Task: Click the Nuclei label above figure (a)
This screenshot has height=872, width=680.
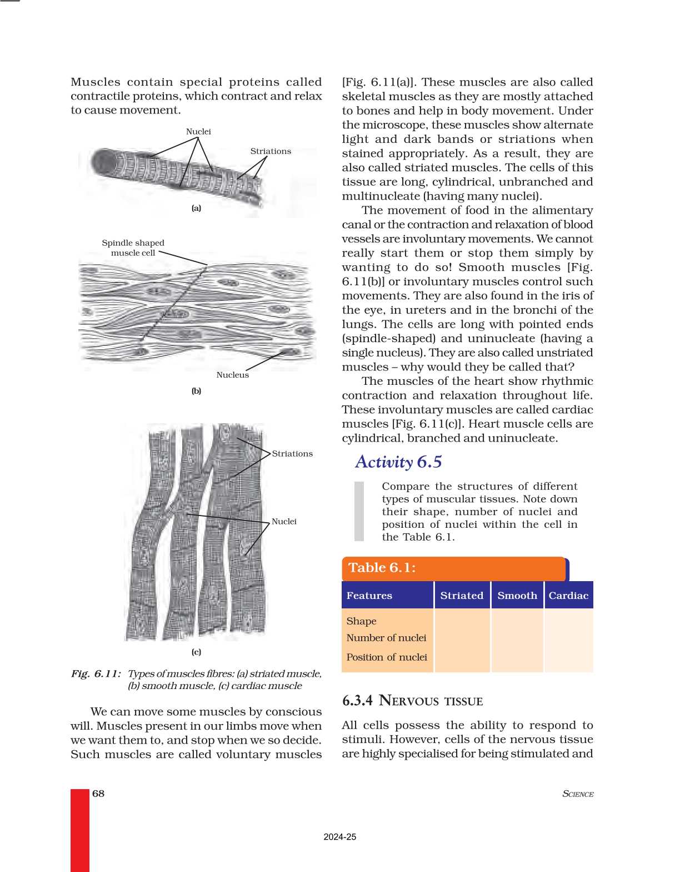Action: click(x=198, y=132)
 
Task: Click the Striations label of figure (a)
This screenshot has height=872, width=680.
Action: click(x=271, y=151)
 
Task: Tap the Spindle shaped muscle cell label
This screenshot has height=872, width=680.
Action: click(x=133, y=248)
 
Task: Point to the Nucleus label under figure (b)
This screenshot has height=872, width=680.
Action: click(x=233, y=375)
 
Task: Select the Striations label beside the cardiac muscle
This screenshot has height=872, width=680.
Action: click(x=292, y=454)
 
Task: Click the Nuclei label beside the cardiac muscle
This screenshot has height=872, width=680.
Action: click(x=284, y=522)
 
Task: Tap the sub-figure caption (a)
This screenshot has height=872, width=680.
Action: click(x=196, y=209)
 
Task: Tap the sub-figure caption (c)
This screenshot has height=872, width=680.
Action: click(x=196, y=652)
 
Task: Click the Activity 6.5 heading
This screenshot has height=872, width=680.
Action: click(x=398, y=462)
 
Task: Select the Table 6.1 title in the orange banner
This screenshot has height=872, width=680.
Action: click(x=382, y=568)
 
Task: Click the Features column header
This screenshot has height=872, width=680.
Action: click(x=369, y=596)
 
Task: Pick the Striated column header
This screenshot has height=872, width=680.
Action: click(x=462, y=596)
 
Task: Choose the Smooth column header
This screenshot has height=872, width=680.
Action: click(x=517, y=596)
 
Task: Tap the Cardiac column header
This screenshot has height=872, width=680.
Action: click(x=568, y=596)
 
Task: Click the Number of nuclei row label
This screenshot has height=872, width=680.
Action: click(x=387, y=638)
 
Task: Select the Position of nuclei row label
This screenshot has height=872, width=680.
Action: click(x=387, y=657)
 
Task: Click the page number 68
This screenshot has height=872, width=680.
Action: click(x=98, y=794)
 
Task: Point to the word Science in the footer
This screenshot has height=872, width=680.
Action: click(x=578, y=794)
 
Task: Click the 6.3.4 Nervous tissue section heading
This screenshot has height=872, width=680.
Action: click(x=413, y=701)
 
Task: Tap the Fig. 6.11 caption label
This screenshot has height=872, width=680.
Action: click(x=96, y=674)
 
